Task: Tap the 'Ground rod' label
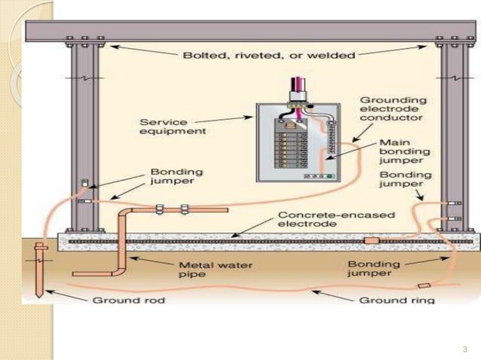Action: coord(119,300)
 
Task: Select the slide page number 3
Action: coord(464,349)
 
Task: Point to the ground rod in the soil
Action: coord(38,271)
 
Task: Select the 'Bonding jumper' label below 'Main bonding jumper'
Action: coord(406,180)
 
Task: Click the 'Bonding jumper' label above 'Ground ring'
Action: coord(369,269)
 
